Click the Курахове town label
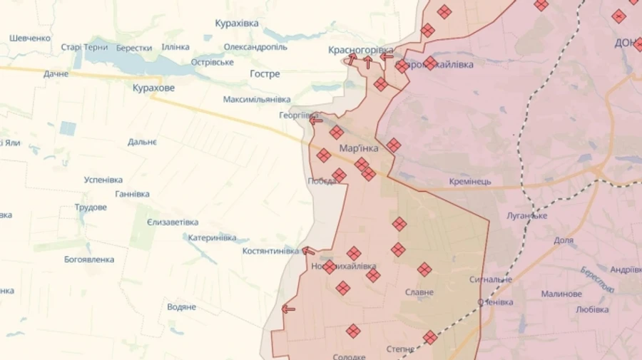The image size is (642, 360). pyautogui.click(x=153, y=88)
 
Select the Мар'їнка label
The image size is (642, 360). pyautogui.click(x=359, y=149)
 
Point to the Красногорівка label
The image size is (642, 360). pyautogui.click(x=360, y=50)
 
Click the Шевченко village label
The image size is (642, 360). pyautogui.click(x=30, y=38)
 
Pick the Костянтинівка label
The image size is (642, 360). pyautogui.click(x=270, y=251)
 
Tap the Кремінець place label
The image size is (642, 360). pyautogui.click(x=470, y=182)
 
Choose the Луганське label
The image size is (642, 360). pyautogui.click(x=526, y=215)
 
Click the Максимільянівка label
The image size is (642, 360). pyautogui.click(x=257, y=99)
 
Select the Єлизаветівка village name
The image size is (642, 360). pyautogui.click(x=173, y=222)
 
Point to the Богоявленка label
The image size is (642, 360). pyautogui.click(x=89, y=259)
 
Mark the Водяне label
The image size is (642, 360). pyautogui.click(x=181, y=307)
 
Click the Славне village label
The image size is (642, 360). pyautogui.click(x=419, y=292)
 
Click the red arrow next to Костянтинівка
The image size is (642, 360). pyautogui.click(x=308, y=251)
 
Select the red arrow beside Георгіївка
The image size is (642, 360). pyautogui.click(x=315, y=120)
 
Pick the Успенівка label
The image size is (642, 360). pyautogui.click(x=103, y=180)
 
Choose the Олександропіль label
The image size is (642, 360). pyautogui.click(x=255, y=47)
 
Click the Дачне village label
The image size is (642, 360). pyautogui.click(x=56, y=74)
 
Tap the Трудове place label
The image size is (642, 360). pyautogui.click(x=91, y=207)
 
